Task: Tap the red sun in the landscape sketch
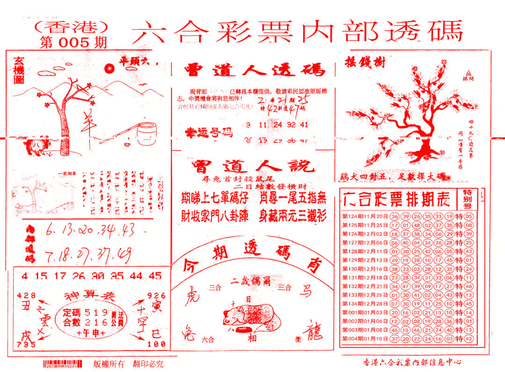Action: [x=109, y=69]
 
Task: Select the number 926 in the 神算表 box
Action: [x=156, y=295]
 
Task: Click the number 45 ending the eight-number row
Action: [x=155, y=276]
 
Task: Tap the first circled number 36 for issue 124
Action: [x=395, y=216]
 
